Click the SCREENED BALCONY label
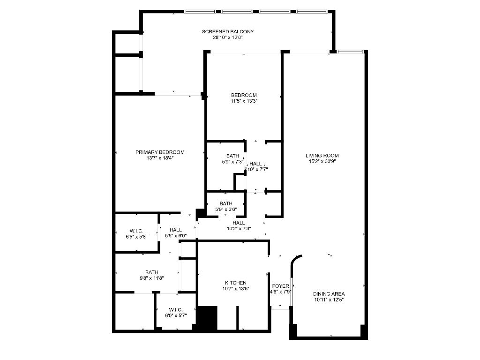[x=228, y=32]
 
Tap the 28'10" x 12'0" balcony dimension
[x=228, y=37]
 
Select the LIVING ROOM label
[x=322, y=156]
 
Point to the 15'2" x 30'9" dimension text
[x=322, y=161]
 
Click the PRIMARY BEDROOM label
[x=160, y=152]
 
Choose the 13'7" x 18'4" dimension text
[x=160, y=158]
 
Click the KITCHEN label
[x=236, y=283]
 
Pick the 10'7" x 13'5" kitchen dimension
[x=236, y=289]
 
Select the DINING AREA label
[x=329, y=294]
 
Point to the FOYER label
[x=281, y=286]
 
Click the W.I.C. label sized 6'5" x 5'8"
[x=136, y=231]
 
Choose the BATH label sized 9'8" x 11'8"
[x=151, y=272]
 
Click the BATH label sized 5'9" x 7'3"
[x=232, y=156]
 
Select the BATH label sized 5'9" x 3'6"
[x=226, y=203]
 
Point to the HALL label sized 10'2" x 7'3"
[x=239, y=223]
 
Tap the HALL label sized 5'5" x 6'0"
[x=176, y=230]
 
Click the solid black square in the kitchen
[x=207, y=318]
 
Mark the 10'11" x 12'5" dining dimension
[x=329, y=300]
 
